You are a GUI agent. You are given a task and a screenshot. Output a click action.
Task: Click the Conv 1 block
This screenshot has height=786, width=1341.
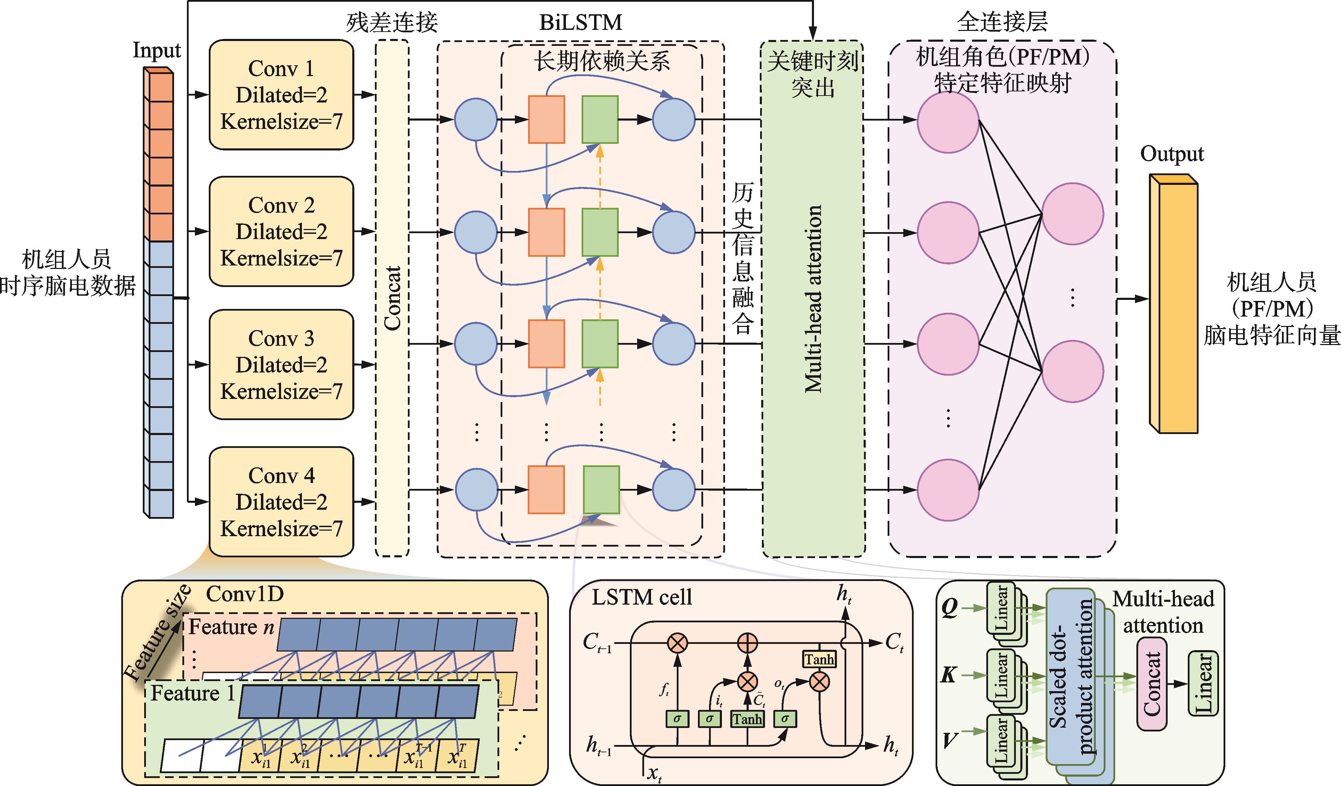click(281, 95)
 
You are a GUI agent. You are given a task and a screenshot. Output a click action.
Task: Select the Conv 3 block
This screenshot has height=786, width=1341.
click(281, 365)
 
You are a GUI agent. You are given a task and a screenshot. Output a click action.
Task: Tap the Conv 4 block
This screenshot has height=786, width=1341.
click(281, 501)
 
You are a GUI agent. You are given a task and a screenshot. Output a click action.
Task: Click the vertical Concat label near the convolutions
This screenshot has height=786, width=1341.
click(392, 298)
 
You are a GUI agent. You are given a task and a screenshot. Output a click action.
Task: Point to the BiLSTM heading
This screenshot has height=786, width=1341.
click(581, 22)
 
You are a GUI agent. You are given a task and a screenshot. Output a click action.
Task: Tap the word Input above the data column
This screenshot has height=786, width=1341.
click(156, 50)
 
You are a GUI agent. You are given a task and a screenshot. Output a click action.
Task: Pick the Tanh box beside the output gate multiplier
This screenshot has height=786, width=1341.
click(819, 660)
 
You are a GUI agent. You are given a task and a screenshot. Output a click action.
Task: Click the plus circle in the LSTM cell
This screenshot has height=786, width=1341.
click(747, 643)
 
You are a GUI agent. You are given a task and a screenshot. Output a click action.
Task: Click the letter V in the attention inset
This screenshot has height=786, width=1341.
click(949, 740)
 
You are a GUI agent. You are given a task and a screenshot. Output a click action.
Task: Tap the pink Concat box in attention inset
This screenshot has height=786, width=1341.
click(1152, 684)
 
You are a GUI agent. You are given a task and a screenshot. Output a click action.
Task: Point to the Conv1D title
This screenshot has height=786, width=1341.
click(245, 594)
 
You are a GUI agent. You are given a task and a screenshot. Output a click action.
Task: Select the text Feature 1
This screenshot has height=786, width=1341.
click(192, 694)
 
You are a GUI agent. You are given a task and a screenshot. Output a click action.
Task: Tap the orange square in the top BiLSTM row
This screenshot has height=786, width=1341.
click(546, 120)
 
